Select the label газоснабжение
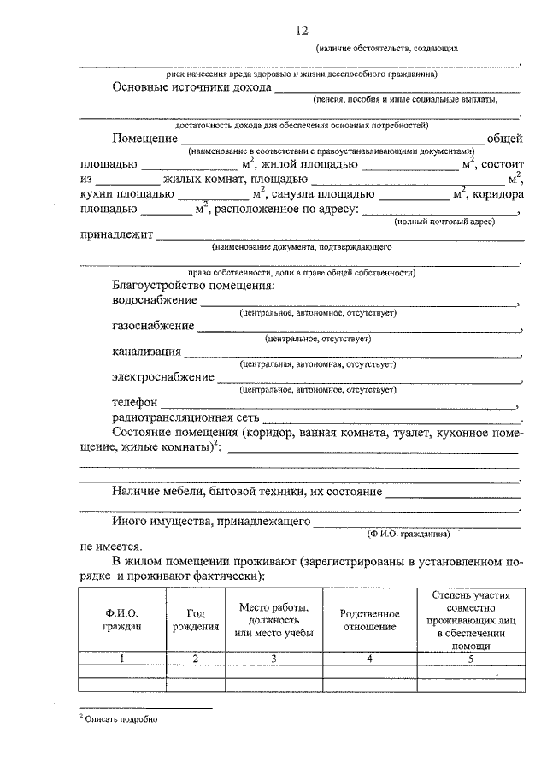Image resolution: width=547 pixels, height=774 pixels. coord(152,326)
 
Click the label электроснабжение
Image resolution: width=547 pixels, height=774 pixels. coord(162,376)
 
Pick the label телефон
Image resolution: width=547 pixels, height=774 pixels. coord(134,401)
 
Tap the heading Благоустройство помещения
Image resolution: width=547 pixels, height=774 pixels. coord(192,285)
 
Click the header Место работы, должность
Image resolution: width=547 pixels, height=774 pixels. coord(273,613)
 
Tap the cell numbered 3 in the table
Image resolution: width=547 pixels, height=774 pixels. coord(273,659)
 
